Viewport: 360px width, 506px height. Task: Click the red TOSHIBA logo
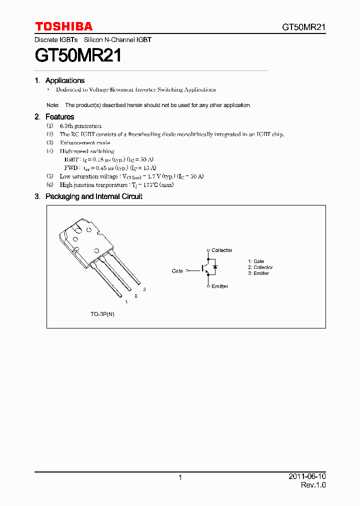(63, 26)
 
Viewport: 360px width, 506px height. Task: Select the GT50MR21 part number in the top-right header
(304, 27)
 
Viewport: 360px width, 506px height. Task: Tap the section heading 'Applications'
(65, 80)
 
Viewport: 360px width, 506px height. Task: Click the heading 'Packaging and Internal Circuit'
(94, 196)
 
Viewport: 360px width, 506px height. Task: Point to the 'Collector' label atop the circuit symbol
(221, 250)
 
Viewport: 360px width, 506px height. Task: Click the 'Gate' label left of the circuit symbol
(177, 271)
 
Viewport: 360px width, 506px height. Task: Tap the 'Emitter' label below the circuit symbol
(219, 286)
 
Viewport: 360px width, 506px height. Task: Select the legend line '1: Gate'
(256, 261)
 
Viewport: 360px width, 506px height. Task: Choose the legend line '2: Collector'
(260, 267)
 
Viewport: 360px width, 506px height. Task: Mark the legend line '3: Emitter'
(258, 273)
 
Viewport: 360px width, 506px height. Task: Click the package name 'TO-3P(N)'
(102, 314)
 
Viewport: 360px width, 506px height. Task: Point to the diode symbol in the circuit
(214, 267)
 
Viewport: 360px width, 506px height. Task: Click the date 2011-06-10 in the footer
(307, 476)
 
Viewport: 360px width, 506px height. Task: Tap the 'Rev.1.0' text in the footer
(313, 485)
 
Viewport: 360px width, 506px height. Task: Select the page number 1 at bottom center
(180, 477)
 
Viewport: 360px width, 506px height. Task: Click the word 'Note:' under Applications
(53, 105)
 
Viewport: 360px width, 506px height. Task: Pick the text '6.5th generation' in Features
(80, 126)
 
